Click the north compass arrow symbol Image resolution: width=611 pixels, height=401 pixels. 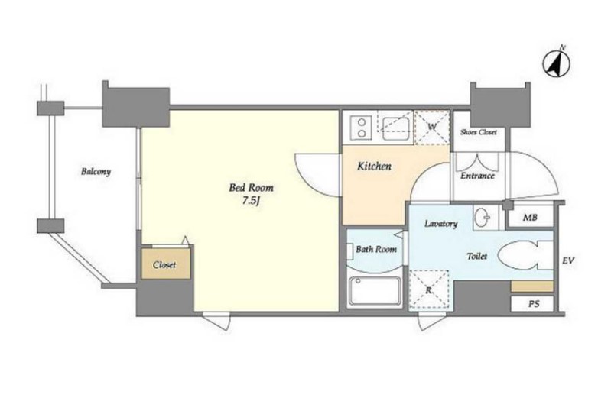557,63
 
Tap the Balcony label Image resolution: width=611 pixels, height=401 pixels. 96,171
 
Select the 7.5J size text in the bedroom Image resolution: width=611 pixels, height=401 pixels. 252,202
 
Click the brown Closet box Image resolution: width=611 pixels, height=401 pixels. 166,264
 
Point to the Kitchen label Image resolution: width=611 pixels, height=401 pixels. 374,167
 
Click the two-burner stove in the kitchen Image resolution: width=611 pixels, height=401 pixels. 362,128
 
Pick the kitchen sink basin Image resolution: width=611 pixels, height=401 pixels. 395,128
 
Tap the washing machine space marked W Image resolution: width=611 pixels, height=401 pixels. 432,128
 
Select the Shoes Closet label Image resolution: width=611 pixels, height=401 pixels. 479,132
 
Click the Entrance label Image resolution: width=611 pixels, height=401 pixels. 477,176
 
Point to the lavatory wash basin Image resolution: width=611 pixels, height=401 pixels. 486,217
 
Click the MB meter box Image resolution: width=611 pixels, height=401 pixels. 530,216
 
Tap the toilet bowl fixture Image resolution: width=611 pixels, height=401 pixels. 525,255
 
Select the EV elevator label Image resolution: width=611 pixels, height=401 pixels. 568,260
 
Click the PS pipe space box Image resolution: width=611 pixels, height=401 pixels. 532,304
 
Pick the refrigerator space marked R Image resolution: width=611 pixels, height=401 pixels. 429,289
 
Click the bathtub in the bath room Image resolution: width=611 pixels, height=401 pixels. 375,291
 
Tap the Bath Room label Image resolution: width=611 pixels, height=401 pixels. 376,249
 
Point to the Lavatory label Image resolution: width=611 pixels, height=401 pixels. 440,224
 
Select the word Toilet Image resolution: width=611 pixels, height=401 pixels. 477,256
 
